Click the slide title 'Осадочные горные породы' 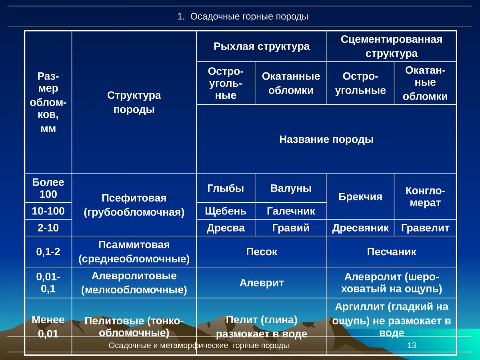[x=243, y=17]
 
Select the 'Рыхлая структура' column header [x=261, y=46]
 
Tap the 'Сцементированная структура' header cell [x=391, y=46]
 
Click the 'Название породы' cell [x=326, y=139]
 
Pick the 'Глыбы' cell [x=225, y=188]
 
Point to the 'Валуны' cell [x=291, y=188]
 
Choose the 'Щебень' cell [x=225, y=211]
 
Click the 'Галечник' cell [x=291, y=211]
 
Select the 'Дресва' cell [x=225, y=228]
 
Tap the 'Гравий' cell [x=291, y=228]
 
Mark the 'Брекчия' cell [x=360, y=196]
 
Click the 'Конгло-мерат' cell [x=425, y=196]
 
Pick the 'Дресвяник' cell [x=360, y=228]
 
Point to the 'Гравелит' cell [x=425, y=228]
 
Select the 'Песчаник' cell [x=391, y=252]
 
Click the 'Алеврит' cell [x=261, y=283]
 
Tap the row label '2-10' [x=48, y=228]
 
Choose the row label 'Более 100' [x=48, y=188]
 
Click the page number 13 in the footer [x=412, y=345]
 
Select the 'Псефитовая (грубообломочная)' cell [x=134, y=205]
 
